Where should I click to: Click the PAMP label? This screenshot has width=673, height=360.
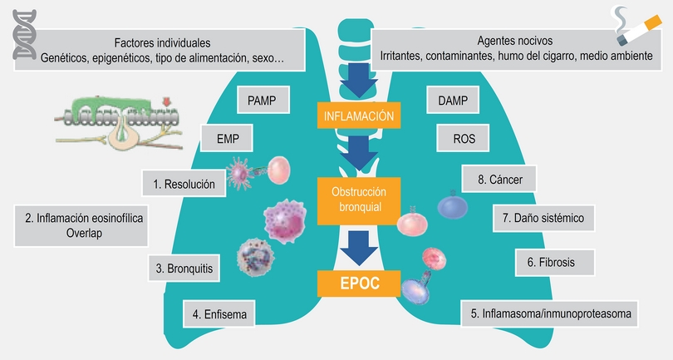pyautogui.click(x=262, y=101)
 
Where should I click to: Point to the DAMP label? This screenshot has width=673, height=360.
pyautogui.click(x=452, y=101)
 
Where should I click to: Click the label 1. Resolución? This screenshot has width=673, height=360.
pyautogui.click(x=184, y=183)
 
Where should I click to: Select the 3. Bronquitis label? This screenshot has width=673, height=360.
pyautogui.click(x=184, y=269)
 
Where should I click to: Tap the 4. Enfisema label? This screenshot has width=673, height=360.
pyautogui.click(x=219, y=314)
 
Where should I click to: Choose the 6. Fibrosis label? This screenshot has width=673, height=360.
pyautogui.click(x=556, y=262)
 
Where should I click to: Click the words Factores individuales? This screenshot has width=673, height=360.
pyautogui.click(x=162, y=42)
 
